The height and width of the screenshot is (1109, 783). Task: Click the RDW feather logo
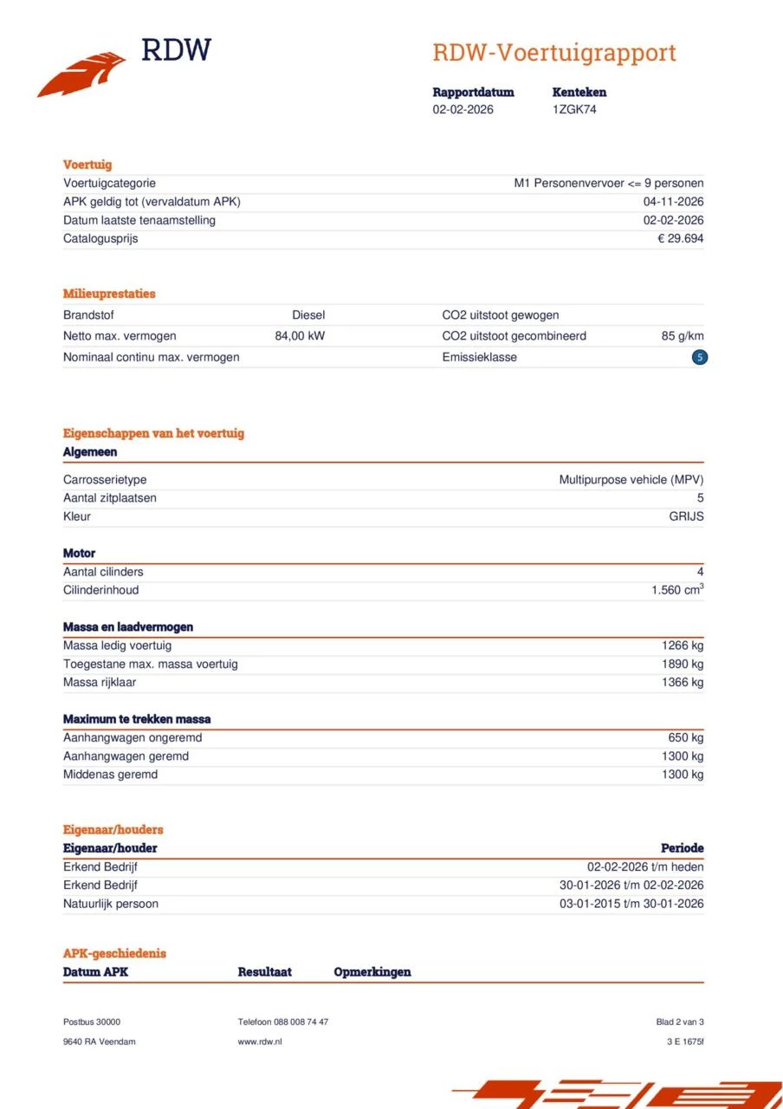point(82,75)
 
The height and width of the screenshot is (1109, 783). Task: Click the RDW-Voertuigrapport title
point(553,53)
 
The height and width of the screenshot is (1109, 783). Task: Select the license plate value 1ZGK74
point(574,109)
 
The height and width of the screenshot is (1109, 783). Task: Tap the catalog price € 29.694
point(680,238)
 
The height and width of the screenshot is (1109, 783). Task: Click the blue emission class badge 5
point(700,357)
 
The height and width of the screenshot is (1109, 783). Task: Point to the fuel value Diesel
point(308,315)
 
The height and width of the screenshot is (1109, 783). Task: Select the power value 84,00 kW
point(300,336)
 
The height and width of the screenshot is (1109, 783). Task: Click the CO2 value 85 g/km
point(682,336)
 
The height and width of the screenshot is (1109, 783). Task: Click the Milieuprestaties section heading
point(109,294)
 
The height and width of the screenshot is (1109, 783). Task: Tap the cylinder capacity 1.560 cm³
point(676,590)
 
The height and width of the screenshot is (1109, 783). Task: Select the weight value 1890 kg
point(683,664)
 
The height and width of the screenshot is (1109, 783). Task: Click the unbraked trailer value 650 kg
point(686,738)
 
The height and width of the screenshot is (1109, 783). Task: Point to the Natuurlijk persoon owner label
point(111,904)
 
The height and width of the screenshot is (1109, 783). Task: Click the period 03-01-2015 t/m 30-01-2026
point(631,904)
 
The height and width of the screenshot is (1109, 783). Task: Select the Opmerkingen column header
point(372,972)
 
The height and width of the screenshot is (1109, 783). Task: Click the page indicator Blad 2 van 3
point(680,1021)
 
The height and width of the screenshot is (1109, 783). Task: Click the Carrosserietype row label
point(105,480)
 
